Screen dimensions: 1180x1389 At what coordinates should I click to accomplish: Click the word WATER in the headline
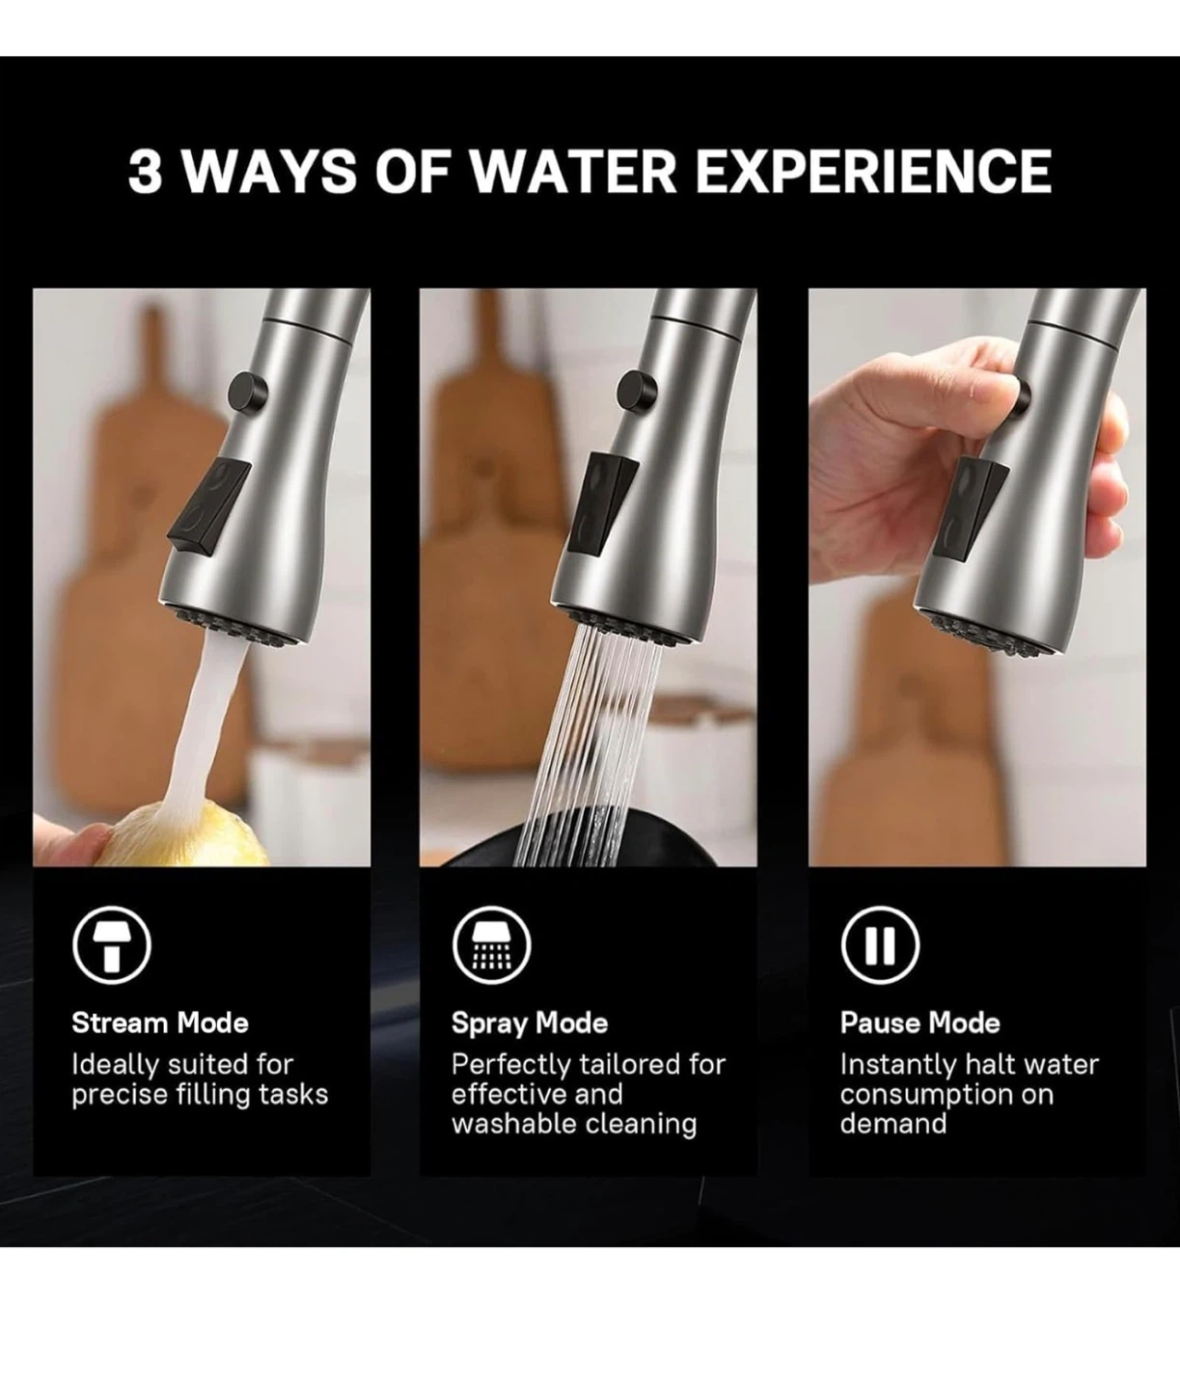point(572,172)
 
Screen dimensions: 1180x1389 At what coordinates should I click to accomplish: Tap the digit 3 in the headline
point(146,172)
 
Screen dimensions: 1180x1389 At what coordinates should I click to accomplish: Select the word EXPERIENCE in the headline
point(873,172)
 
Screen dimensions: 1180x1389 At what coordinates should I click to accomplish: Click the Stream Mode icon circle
point(112,945)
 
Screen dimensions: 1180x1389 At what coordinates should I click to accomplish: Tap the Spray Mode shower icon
point(491,945)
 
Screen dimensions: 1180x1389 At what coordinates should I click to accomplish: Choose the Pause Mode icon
point(880,945)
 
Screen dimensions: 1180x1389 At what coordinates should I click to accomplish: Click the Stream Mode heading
point(160,1022)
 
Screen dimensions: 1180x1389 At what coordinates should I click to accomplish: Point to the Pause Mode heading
point(919,1022)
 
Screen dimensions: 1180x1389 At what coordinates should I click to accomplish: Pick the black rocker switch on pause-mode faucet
point(971,508)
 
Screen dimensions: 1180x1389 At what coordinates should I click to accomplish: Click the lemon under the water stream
point(185,835)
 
